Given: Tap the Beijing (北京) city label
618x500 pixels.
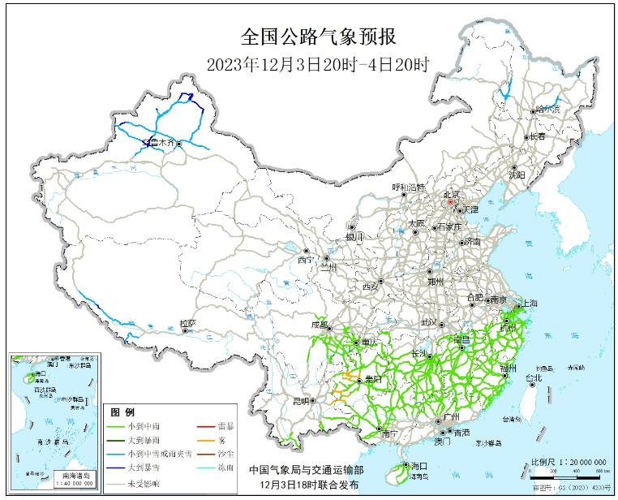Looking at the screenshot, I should tap(450, 195).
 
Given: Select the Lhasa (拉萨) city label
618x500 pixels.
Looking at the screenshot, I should tap(187, 323).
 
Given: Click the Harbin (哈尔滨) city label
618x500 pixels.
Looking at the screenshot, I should tap(548, 109).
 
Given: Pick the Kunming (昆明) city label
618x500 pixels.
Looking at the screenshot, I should tap(301, 400).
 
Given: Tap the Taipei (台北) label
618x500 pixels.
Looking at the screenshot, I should tap(533, 377).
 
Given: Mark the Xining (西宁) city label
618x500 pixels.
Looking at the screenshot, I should tap(304, 260).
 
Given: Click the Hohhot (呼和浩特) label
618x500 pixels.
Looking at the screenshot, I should tap(409, 187).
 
